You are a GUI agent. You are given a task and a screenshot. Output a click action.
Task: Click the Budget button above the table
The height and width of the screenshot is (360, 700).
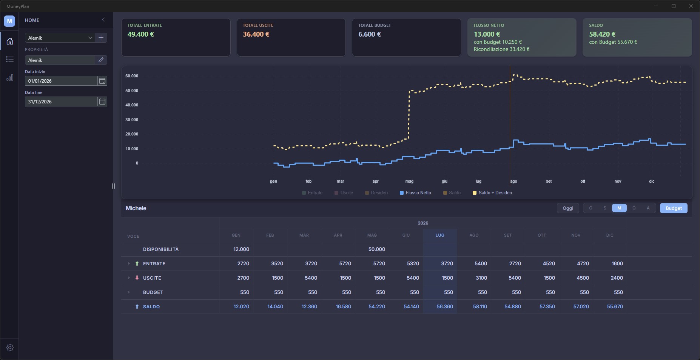[674, 208]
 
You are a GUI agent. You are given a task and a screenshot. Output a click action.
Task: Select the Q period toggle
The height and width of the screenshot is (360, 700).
[634, 208]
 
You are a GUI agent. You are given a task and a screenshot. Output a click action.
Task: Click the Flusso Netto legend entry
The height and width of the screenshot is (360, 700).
[415, 193]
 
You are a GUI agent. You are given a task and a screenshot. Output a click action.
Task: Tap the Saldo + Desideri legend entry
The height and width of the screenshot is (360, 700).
[492, 193]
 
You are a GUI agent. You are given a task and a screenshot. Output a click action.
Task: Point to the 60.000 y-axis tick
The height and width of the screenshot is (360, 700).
[132, 76]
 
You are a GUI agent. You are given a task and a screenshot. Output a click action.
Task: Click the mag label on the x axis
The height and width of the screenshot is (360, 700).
[409, 181]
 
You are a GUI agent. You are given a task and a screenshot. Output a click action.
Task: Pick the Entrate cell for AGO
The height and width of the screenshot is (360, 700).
[474, 263]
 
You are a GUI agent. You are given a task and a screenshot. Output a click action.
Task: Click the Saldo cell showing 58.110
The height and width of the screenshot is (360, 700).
[474, 306]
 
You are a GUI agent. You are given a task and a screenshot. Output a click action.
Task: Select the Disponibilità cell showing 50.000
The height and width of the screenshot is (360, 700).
[372, 249]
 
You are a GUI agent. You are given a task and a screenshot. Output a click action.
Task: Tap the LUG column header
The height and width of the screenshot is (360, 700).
[440, 235]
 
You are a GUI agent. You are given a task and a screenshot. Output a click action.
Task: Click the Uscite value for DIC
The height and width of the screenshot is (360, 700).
[610, 278]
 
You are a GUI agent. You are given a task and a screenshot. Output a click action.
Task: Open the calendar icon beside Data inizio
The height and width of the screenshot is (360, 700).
[102, 81]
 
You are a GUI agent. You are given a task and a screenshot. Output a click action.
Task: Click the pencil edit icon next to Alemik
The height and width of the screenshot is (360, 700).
[101, 60]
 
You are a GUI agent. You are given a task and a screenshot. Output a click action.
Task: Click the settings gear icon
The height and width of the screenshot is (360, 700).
[10, 348]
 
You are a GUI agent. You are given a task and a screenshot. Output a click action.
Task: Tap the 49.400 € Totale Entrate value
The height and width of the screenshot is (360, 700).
[140, 34]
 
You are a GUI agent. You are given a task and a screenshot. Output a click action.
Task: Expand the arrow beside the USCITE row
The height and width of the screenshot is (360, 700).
[129, 278]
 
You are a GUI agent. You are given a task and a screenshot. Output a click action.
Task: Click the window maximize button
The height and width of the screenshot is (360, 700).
[673, 6]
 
